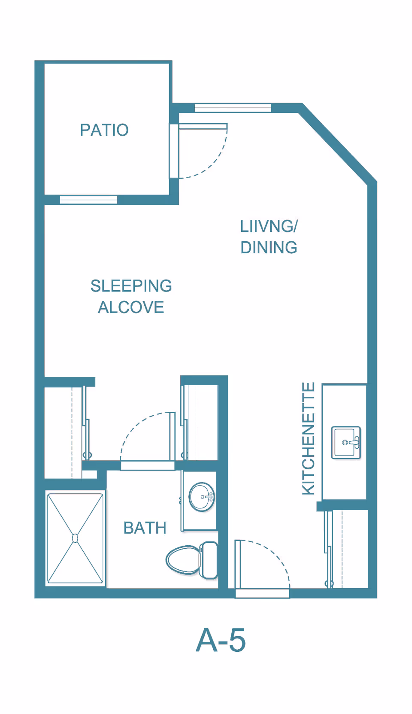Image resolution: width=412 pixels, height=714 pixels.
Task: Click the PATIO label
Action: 104,130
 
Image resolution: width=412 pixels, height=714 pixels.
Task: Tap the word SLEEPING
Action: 131,286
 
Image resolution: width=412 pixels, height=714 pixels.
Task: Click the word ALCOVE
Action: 131,307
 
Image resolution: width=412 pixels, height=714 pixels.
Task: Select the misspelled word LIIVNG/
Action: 269,226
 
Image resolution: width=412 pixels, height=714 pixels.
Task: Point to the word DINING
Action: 269,248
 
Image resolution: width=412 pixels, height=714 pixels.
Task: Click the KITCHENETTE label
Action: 309,438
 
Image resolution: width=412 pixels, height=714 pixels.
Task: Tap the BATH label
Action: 145,528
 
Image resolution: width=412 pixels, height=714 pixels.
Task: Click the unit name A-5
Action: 221,640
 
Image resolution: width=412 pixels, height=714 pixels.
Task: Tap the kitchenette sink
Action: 346,443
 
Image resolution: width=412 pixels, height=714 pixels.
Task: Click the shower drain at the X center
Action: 75,538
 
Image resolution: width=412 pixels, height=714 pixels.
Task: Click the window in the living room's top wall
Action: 233,108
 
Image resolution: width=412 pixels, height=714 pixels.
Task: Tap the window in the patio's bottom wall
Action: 88,200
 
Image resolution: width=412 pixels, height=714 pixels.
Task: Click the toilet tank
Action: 209,560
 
